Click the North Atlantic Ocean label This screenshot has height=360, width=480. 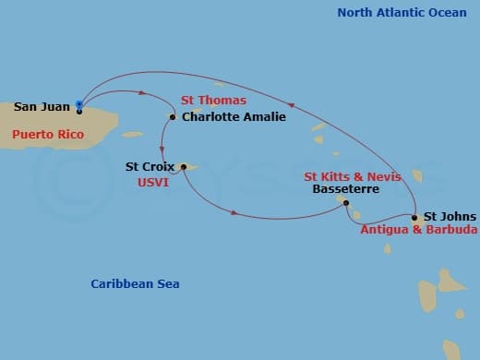[x=402, y=12]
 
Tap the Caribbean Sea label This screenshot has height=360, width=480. [x=135, y=283]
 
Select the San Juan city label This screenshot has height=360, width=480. [x=42, y=106]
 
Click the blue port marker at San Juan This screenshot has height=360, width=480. [x=79, y=104]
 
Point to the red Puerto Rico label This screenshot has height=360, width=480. [x=49, y=135]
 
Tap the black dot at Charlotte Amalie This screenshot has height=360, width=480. [x=173, y=117]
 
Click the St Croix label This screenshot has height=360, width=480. [x=150, y=167]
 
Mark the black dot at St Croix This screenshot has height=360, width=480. [x=183, y=167]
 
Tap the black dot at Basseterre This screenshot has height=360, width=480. [x=346, y=202]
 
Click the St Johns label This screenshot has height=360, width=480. [x=450, y=216]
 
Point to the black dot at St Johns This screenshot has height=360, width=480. [x=414, y=218]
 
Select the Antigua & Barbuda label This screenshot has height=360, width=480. [x=419, y=230]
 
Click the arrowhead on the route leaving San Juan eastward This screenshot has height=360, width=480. [x=143, y=91]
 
